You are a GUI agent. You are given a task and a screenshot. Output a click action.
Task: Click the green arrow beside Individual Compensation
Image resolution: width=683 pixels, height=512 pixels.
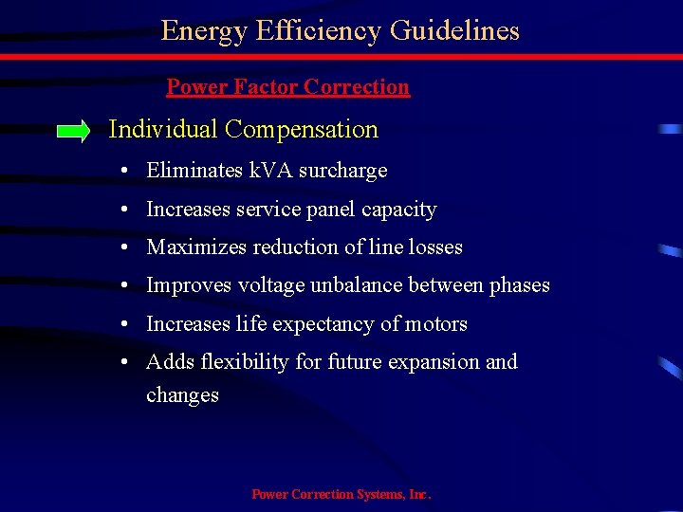tap(73, 131)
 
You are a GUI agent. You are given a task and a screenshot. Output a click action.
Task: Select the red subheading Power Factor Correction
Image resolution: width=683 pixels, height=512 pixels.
tap(287, 87)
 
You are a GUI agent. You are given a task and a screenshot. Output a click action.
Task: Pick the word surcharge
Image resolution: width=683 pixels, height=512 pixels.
tap(345, 171)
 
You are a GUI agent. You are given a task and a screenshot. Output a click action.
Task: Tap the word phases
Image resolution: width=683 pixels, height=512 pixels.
tap(519, 285)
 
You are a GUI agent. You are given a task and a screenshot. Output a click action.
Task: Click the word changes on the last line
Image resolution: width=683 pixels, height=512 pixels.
tap(182, 394)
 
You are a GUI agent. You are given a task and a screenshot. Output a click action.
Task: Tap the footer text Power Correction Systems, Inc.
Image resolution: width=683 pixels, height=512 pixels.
tap(341, 494)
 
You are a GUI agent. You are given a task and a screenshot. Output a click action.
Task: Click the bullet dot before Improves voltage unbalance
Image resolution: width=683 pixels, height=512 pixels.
tap(126, 285)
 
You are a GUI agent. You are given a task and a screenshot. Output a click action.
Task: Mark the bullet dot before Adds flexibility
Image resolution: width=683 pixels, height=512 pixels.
tap(126, 362)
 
